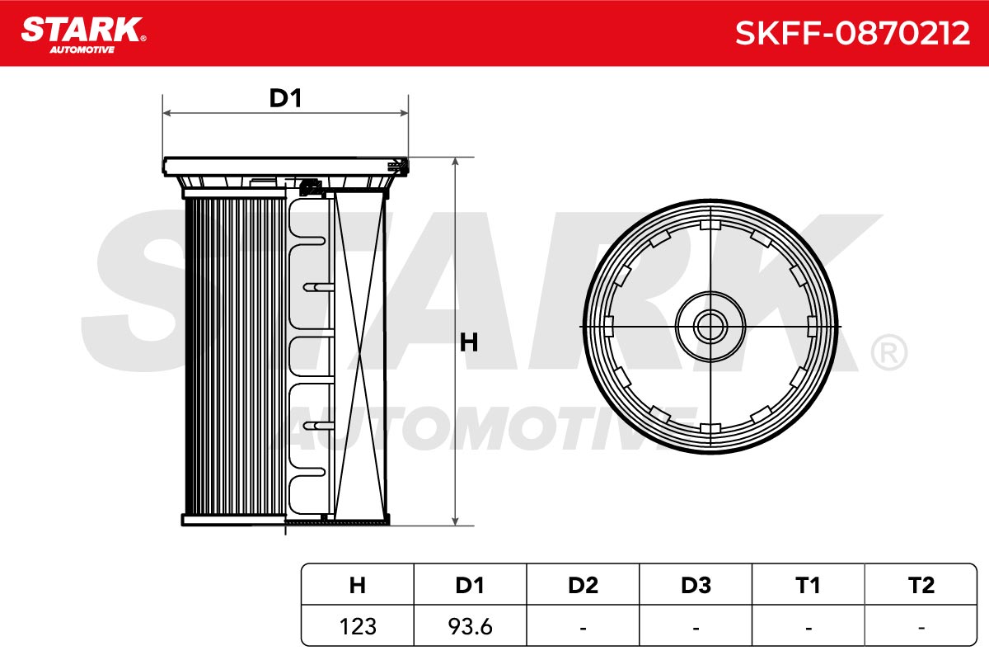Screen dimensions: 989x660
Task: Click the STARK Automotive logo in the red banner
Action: click(x=83, y=35)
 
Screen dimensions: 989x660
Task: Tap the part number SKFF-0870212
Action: click(x=852, y=33)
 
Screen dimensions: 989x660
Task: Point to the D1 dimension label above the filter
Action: click(x=286, y=98)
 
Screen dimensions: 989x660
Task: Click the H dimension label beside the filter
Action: click(x=468, y=342)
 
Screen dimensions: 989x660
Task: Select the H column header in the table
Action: click(x=357, y=585)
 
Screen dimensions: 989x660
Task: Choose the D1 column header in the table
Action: click(x=470, y=585)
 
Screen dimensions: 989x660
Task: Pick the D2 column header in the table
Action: click(x=583, y=585)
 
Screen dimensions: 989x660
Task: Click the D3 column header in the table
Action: click(x=696, y=585)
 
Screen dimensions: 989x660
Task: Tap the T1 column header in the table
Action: click(x=808, y=585)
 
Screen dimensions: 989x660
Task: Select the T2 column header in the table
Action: click(x=921, y=585)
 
